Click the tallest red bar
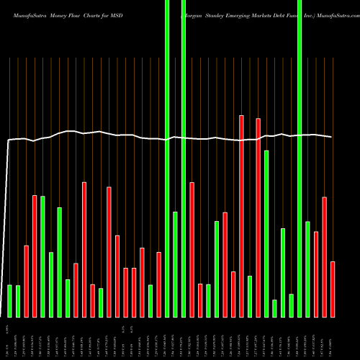(241, 216)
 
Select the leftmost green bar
(10, 301)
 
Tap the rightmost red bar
(333, 289)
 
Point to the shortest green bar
(274, 308)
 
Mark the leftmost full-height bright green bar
(167, 158)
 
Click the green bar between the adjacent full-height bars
(175, 264)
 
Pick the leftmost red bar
(27, 281)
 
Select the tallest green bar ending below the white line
(266, 233)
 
